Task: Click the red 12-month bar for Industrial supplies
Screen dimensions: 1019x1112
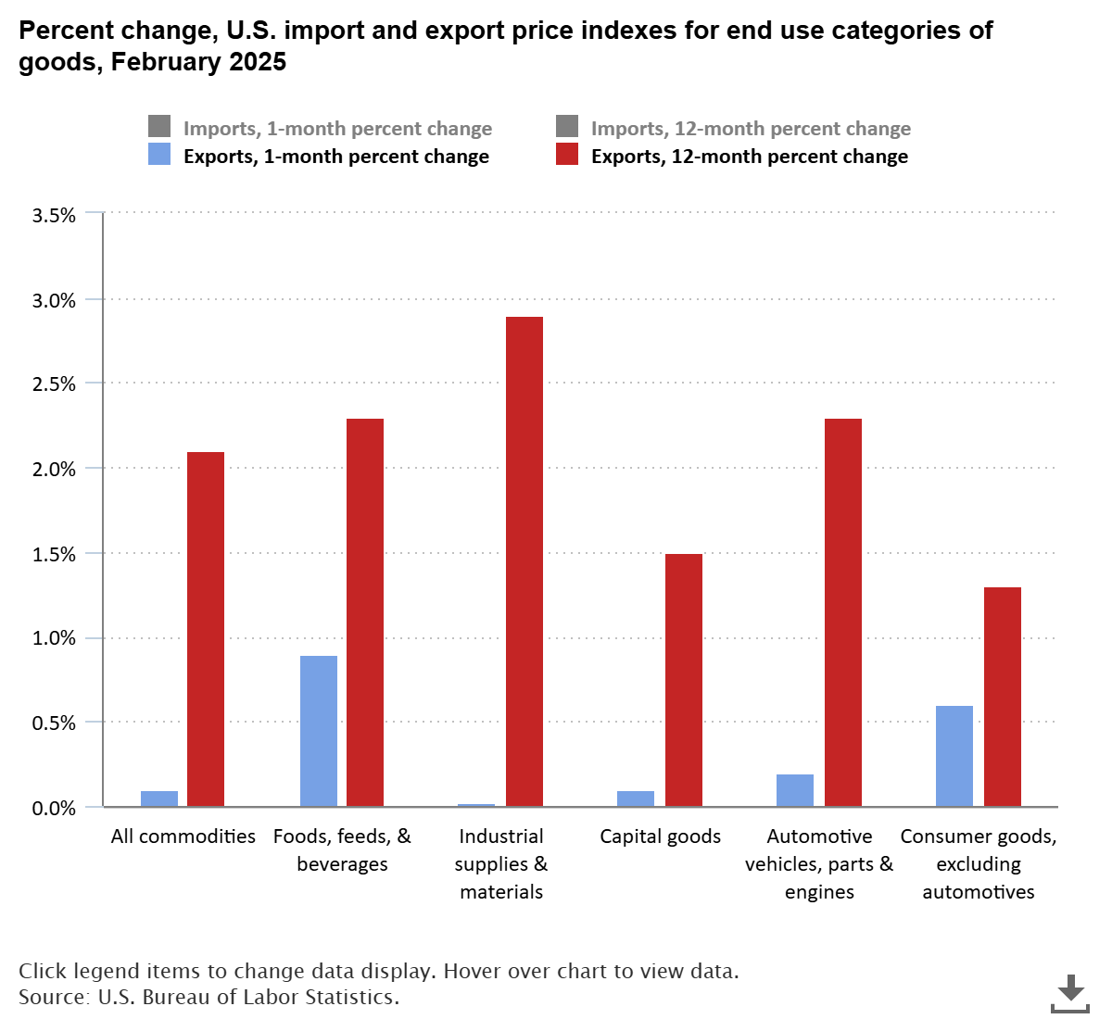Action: [524, 561]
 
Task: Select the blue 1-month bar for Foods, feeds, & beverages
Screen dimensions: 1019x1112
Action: [319, 731]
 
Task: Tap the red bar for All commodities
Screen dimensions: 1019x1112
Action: [206, 629]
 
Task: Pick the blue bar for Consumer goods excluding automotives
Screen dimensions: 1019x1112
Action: [954, 756]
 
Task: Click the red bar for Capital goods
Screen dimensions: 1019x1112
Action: [684, 680]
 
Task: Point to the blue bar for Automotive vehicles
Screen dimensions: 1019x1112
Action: [795, 790]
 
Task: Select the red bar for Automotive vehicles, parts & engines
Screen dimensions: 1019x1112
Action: [843, 612]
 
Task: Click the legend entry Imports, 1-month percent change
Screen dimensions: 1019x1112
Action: [337, 129]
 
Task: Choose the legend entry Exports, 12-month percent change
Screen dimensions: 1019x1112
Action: [749, 156]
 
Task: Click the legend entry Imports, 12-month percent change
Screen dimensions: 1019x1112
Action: [751, 129]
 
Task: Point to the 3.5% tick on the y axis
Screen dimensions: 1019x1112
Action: [54, 215]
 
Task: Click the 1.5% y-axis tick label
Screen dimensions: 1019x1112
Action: [54, 554]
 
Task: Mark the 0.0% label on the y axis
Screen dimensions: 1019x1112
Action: [54, 808]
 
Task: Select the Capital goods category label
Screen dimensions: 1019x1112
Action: [660, 837]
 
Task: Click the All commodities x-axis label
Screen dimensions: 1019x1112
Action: [183, 837]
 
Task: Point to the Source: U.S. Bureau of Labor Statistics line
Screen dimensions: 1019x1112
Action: [208, 998]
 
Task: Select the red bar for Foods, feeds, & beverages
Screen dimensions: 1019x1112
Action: [365, 612]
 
